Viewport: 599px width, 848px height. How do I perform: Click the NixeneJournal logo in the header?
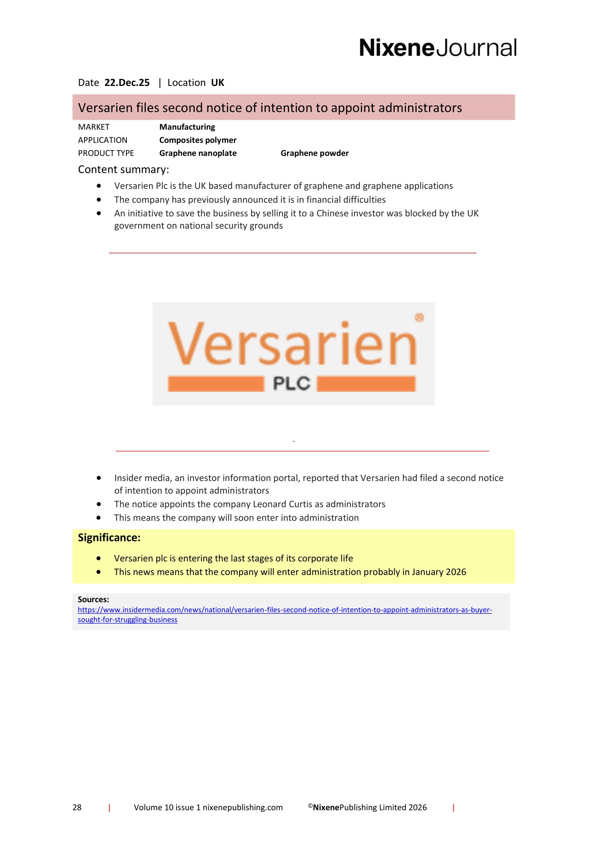point(438,48)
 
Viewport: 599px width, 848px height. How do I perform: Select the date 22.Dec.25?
point(127,83)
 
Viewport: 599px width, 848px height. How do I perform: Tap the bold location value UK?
point(217,83)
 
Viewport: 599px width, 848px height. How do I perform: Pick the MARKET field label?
point(94,127)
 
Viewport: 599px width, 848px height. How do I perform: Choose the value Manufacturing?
point(187,127)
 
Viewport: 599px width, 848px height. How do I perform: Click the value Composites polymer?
point(198,140)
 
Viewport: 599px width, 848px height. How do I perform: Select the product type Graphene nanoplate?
point(198,153)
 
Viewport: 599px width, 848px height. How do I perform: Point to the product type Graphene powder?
point(315,153)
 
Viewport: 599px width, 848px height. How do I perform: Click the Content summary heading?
point(123,170)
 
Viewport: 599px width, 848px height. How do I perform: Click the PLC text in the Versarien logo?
point(292,384)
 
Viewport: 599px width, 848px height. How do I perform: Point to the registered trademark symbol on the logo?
point(419,317)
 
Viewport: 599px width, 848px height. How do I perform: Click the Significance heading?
point(109,538)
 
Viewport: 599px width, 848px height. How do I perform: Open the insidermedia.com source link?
point(284,610)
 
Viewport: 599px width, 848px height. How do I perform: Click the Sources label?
point(93,599)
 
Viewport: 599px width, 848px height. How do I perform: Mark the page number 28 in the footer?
point(77,807)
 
